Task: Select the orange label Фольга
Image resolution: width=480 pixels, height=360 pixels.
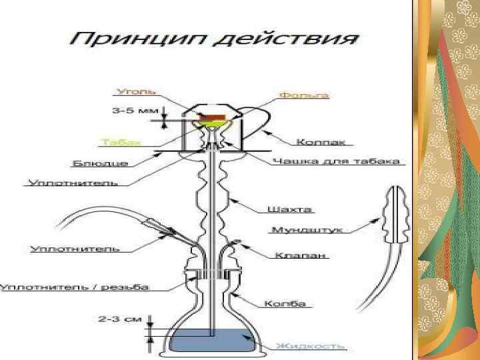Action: tap(303, 96)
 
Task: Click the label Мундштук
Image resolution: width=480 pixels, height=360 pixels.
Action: tap(307, 230)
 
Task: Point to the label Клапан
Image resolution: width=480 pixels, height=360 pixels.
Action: tap(291, 255)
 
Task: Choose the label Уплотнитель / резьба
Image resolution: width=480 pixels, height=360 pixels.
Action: tap(75, 287)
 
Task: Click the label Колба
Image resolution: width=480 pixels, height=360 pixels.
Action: tap(285, 304)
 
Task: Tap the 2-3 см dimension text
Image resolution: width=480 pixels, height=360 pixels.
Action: tap(120, 319)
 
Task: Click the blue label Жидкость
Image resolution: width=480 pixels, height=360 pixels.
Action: tap(311, 346)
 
